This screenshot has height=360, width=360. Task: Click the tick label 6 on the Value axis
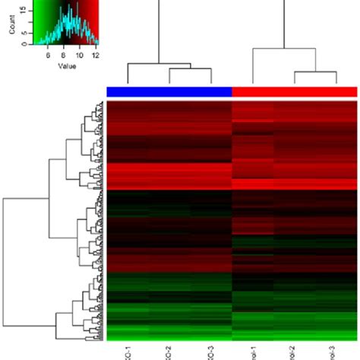49,55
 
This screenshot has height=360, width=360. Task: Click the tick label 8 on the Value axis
65,55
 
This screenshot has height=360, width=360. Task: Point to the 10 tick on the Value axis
80,55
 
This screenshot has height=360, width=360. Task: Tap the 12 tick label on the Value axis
95,55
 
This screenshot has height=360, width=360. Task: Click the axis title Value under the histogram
66,66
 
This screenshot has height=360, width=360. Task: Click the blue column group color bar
169,91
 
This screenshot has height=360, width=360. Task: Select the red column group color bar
294,91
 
